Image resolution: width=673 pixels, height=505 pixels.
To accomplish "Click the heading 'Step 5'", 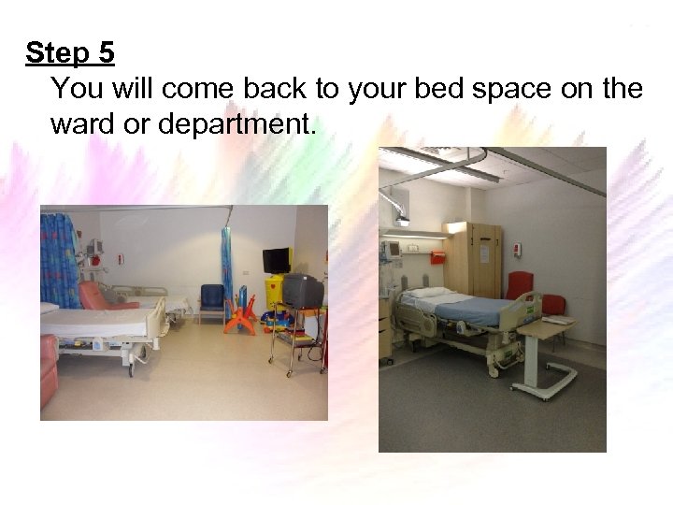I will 70,53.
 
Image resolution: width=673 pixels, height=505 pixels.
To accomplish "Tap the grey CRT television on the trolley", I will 303,290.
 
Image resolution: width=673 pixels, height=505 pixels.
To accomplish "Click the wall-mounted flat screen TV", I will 277,259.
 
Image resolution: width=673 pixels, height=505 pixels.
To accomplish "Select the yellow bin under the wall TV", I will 274,291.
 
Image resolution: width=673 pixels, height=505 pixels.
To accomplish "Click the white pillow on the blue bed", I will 428,292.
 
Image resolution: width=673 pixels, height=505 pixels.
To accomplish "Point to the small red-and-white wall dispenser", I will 516,248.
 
